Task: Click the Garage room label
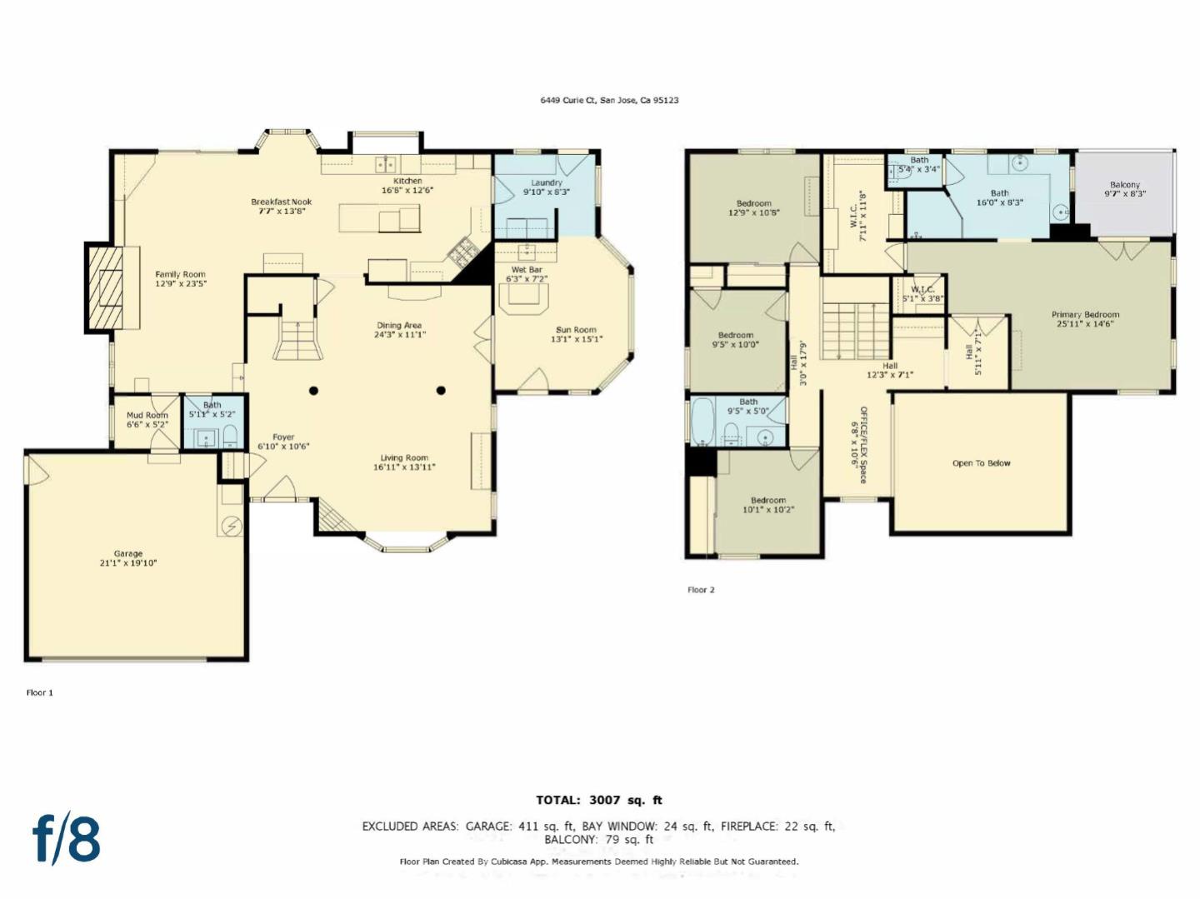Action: point(128,558)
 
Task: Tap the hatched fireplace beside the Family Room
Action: point(105,288)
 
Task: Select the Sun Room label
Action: point(576,334)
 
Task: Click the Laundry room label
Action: point(547,187)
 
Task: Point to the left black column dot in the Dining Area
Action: point(314,391)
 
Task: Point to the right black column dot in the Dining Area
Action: point(441,391)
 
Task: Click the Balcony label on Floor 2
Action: point(1125,189)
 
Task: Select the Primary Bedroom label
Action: point(1085,319)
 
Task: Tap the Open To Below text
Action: point(981,463)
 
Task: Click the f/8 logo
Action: point(67,838)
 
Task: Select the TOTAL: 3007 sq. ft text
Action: point(599,800)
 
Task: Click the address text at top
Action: point(609,100)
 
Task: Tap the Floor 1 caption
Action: point(39,692)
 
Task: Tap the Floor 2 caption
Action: point(701,590)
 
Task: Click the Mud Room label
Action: point(147,419)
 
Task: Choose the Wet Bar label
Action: point(527,274)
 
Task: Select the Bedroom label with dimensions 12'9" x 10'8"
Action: point(754,207)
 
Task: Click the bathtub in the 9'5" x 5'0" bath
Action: point(702,422)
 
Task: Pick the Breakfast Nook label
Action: point(282,206)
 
